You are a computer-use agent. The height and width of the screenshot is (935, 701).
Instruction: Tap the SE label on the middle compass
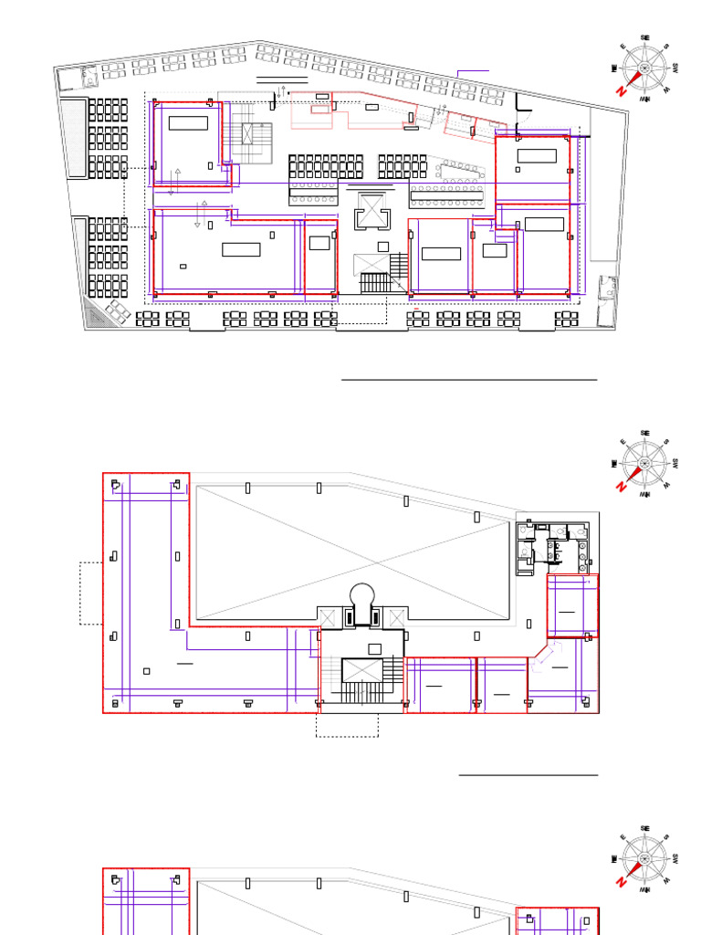coord(645,433)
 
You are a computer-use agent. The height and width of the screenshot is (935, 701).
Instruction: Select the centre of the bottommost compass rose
coord(645,859)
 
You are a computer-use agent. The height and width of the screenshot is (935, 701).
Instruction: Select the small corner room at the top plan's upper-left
coord(69,79)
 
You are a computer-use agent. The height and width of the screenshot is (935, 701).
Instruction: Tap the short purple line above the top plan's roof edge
coord(473,70)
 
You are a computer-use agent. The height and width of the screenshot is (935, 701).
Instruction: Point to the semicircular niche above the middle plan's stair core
coord(362,594)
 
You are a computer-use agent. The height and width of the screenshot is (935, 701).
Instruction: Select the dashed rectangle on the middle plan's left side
coord(91,593)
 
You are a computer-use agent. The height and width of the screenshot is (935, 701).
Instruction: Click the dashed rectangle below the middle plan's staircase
coord(347,725)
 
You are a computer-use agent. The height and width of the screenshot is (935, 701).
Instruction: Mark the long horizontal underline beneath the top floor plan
coord(469,378)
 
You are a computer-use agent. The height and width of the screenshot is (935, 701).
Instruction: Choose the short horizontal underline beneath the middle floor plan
coord(528,775)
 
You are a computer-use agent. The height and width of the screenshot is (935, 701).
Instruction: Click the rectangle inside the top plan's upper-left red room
coord(188,123)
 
